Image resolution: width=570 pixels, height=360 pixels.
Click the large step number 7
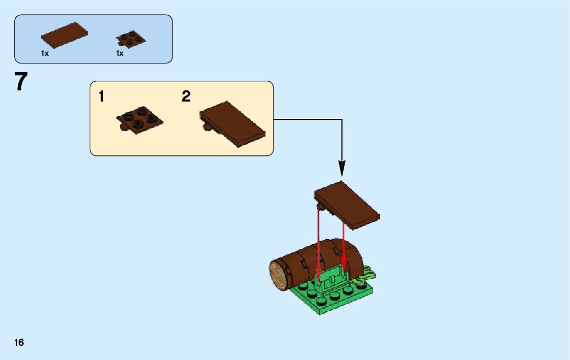(x=20, y=82)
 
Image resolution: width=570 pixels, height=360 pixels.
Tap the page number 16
(x=19, y=342)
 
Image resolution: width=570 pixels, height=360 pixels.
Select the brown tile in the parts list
(x=64, y=35)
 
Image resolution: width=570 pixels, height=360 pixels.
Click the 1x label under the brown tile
(x=45, y=53)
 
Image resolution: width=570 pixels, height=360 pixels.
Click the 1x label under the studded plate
(x=120, y=53)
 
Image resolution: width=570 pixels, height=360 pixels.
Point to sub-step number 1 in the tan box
(x=102, y=96)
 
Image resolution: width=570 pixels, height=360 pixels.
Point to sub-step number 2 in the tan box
(x=186, y=96)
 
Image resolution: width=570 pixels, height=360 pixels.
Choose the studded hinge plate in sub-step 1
(x=141, y=120)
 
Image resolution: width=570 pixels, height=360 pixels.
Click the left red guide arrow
(x=319, y=244)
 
